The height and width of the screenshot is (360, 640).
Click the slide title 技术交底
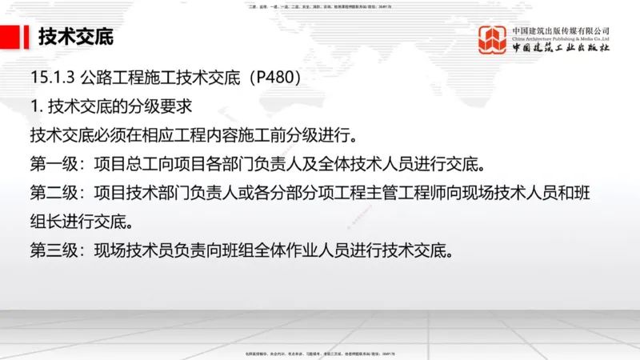pyautogui.click(x=76, y=37)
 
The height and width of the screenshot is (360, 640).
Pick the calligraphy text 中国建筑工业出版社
pyautogui.click(x=561, y=48)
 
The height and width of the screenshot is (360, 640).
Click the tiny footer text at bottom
pyautogui.click(x=320, y=354)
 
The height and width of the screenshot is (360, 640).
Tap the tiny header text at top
pyautogui.click(x=320, y=6)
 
